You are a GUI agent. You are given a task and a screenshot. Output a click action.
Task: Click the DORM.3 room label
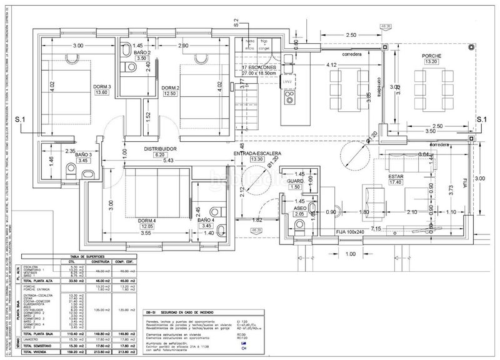click(101, 86)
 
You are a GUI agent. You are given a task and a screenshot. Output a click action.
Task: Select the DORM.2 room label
click(170, 87)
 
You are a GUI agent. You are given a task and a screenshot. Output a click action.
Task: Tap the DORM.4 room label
click(147, 220)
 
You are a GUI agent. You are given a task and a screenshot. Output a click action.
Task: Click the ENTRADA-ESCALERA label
click(257, 153)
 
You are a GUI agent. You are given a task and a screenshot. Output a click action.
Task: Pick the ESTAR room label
click(395, 177)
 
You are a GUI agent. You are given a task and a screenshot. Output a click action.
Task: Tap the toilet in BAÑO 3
click(88, 173)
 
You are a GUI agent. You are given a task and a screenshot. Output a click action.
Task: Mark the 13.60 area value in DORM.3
click(101, 93)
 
